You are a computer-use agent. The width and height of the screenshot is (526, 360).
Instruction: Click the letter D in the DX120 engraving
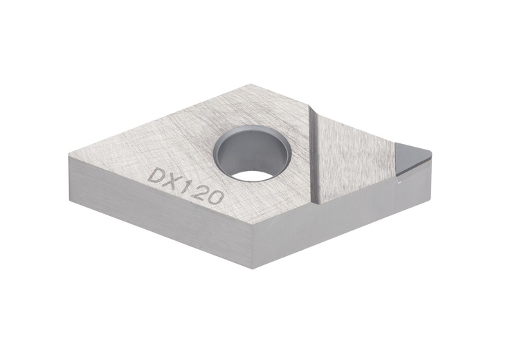(x=156, y=175)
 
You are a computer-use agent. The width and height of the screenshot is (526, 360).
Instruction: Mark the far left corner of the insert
(x=70, y=158)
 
